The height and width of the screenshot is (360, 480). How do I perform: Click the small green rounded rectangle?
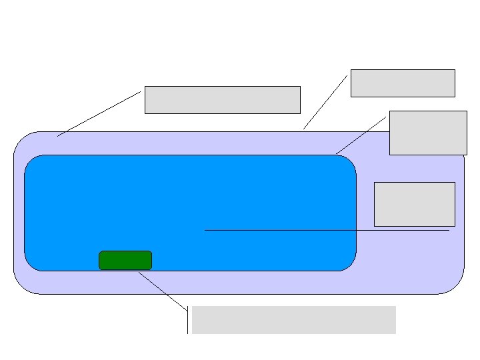coord(125,260)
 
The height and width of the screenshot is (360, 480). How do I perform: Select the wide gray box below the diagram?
coord(293,319)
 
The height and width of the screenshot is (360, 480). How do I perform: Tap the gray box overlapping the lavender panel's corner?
coord(428,133)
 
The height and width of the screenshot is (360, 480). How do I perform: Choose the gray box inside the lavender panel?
coord(414,204)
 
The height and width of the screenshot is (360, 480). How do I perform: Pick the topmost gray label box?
coord(403,83)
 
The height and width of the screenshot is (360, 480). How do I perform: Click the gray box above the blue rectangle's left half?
coord(222,99)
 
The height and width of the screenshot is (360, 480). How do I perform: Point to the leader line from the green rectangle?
coord(163,291)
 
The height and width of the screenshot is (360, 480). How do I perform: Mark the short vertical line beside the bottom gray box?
coord(188,319)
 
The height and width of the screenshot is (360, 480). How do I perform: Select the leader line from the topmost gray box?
coord(325,102)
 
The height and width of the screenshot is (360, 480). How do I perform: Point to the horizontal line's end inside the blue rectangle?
coord(206,230)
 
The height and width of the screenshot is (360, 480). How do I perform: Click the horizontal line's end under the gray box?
coord(448,230)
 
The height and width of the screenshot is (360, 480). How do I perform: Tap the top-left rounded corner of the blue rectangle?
coord(31,161)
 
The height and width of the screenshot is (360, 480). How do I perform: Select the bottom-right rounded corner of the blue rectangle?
coord(349,264)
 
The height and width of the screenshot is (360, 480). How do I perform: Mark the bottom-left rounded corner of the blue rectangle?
coord(31,264)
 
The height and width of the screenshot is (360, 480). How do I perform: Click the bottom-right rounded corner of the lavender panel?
coord(456,285)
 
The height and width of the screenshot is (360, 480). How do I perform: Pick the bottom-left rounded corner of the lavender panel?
coord(22,285)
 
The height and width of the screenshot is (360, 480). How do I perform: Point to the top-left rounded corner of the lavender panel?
coord(22,140)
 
